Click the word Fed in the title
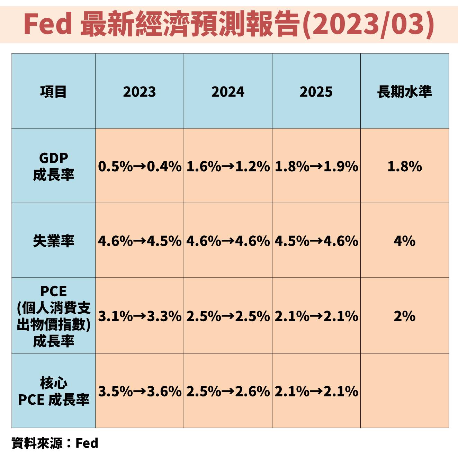[x=48, y=24]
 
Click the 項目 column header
[x=53, y=92]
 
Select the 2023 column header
[x=140, y=92]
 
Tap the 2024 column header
[x=228, y=92]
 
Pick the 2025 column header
[x=316, y=92]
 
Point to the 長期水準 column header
[x=404, y=92]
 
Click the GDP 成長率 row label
[x=53, y=166]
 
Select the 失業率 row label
[x=53, y=241]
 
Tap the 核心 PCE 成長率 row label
[x=53, y=392]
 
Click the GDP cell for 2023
[x=140, y=167]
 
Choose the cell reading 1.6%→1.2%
[x=228, y=167]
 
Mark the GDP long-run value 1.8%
[x=404, y=167]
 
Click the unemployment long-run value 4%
[x=404, y=241]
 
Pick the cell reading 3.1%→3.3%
[x=140, y=316]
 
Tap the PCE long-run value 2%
[x=404, y=316]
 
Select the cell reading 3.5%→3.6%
[x=140, y=392]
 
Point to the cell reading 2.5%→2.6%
[x=228, y=392]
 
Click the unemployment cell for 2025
[x=316, y=241]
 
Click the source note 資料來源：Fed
[x=55, y=443]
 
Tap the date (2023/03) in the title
[x=368, y=24]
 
